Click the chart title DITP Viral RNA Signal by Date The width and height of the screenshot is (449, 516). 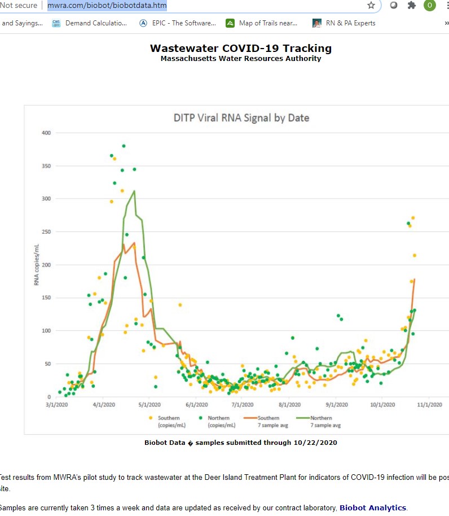pos(241,118)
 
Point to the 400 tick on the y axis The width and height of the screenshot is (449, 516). pos(46,133)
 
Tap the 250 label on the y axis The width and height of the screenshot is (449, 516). pos(46,232)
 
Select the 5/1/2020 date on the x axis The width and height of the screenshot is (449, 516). pos(150,404)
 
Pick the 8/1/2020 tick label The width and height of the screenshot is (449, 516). pos(290,404)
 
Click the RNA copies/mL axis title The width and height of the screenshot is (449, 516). pos(37,264)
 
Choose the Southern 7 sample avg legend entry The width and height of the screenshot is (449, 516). pos(268,421)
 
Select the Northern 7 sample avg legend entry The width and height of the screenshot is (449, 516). pos(321,421)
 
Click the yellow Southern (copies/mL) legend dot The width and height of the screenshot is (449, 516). pos(151,418)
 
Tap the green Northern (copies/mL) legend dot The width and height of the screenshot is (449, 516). pos(201,418)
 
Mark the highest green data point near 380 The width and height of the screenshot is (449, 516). pos(124,146)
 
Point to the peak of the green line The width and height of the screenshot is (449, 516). pos(134,191)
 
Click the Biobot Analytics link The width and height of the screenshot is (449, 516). pos(372,508)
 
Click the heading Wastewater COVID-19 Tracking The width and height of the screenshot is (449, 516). pos(241,49)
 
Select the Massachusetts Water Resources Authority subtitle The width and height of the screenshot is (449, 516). pos(241,58)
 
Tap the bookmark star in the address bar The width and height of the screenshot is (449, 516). pos(371,6)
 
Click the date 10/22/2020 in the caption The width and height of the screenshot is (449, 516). pos(315,443)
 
